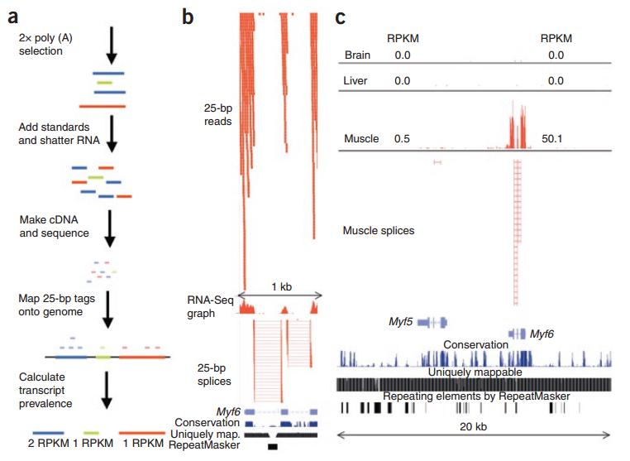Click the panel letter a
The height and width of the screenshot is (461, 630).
point(12,13)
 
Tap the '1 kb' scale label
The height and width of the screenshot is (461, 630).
point(280,287)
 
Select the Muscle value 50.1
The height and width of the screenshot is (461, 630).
point(551,138)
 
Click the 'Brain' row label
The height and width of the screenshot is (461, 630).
point(357,55)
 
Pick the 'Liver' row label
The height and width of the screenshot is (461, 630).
point(356,81)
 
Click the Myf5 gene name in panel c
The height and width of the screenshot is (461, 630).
point(401,320)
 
